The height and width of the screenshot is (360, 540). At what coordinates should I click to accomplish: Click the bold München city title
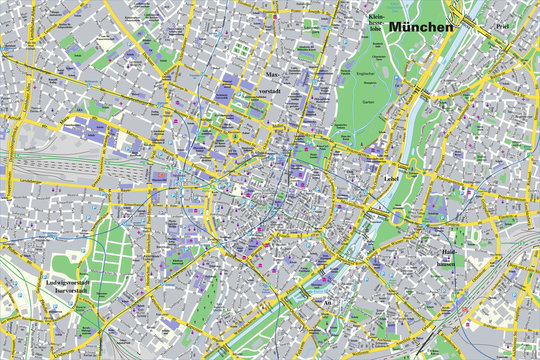pos(421,27)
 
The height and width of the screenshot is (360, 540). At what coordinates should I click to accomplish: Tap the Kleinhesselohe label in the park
pos(375,22)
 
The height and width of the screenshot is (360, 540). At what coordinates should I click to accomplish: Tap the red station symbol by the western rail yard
pos(161,173)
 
